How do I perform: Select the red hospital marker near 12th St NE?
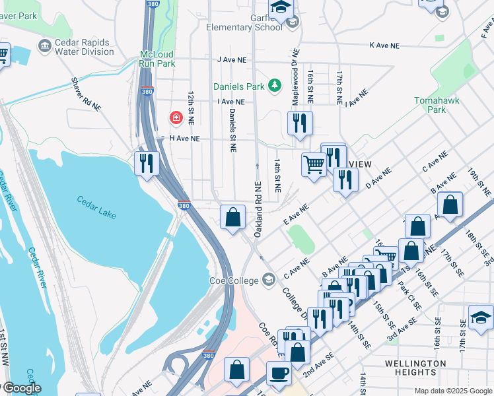(x=176, y=118)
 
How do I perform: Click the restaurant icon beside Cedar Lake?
(x=146, y=162)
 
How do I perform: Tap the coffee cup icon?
(x=278, y=374)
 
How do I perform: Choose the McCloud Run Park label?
(x=157, y=59)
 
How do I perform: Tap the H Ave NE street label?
(x=184, y=139)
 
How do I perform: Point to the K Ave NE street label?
(x=384, y=46)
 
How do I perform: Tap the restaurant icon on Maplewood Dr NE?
(x=300, y=123)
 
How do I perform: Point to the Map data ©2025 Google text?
(x=452, y=391)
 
